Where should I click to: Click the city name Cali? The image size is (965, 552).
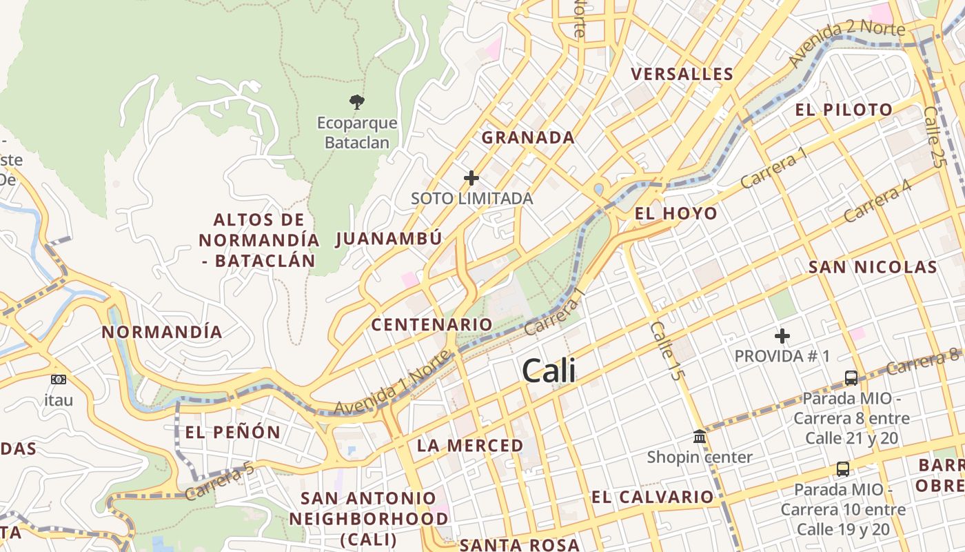(x=549, y=371)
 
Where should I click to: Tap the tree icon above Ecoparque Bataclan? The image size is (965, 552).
(x=356, y=103)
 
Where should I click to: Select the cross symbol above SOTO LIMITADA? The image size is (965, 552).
(x=471, y=178)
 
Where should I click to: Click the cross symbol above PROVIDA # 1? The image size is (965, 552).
(x=782, y=336)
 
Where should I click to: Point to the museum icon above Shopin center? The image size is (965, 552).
(x=700, y=437)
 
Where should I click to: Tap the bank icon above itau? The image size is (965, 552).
(x=59, y=379)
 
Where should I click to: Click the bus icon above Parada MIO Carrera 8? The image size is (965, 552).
(x=851, y=378)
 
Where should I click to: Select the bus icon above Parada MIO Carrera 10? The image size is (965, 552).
(x=842, y=469)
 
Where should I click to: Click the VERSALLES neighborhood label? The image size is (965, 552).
(x=682, y=75)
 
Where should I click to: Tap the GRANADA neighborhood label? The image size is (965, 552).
(x=528, y=137)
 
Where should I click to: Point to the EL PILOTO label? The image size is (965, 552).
(x=844, y=110)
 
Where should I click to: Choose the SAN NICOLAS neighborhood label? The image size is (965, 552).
(x=873, y=267)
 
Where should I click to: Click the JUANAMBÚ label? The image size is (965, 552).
(x=389, y=239)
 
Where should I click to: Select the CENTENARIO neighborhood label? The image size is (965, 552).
(x=431, y=324)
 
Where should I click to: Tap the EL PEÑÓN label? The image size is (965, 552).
(x=233, y=433)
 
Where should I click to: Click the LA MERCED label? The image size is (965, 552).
(x=470, y=446)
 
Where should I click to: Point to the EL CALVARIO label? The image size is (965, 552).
(x=652, y=497)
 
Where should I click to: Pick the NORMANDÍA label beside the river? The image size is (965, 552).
(x=162, y=332)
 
